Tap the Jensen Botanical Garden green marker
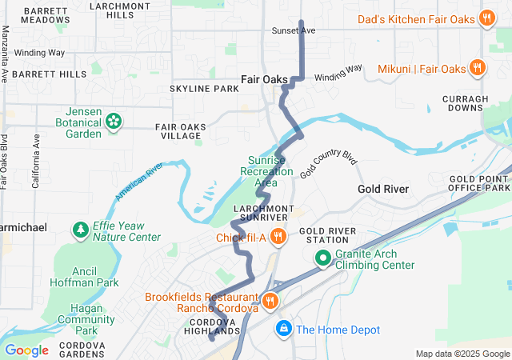pyautogui.click(x=114, y=122)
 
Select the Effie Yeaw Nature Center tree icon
pyautogui.click(x=81, y=231)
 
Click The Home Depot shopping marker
pyautogui.click(x=283, y=329)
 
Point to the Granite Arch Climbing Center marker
pyautogui.click(x=322, y=258)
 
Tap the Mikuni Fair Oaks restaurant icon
pyautogui.click(x=477, y=69)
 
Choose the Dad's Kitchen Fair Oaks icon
pyautogui.click(x=486, y=18)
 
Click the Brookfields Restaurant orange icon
pyautogui.click(x=270, y=302)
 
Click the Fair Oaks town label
pyautogui.click(x=264, y=79)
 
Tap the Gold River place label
pyautogui.click(x=383, y=189)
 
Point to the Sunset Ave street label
pyautogui.click(x=295, y=30)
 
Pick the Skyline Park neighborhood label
pyautogui.click(x=204, y=88)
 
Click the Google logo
pyautogui.click(x=26, y=350)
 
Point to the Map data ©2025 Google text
pyautogui.click(x=462, y=354)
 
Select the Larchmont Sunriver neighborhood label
pyautogui.click(x=259, y=212)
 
